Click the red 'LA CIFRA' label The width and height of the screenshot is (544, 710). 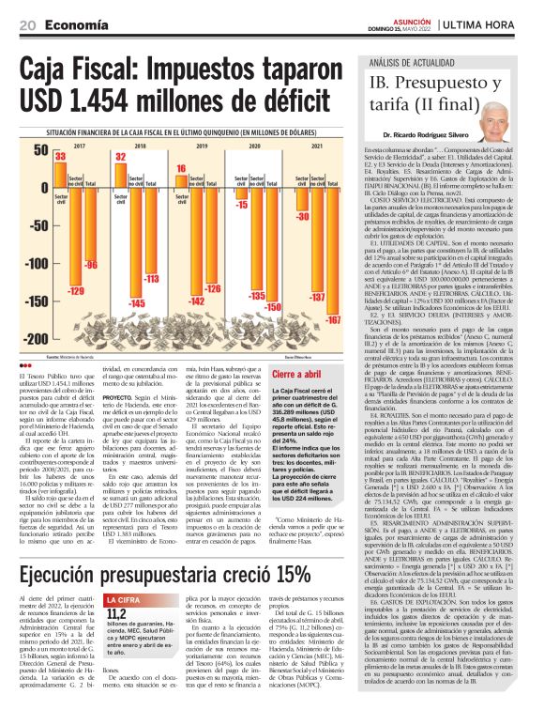(125, 600)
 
